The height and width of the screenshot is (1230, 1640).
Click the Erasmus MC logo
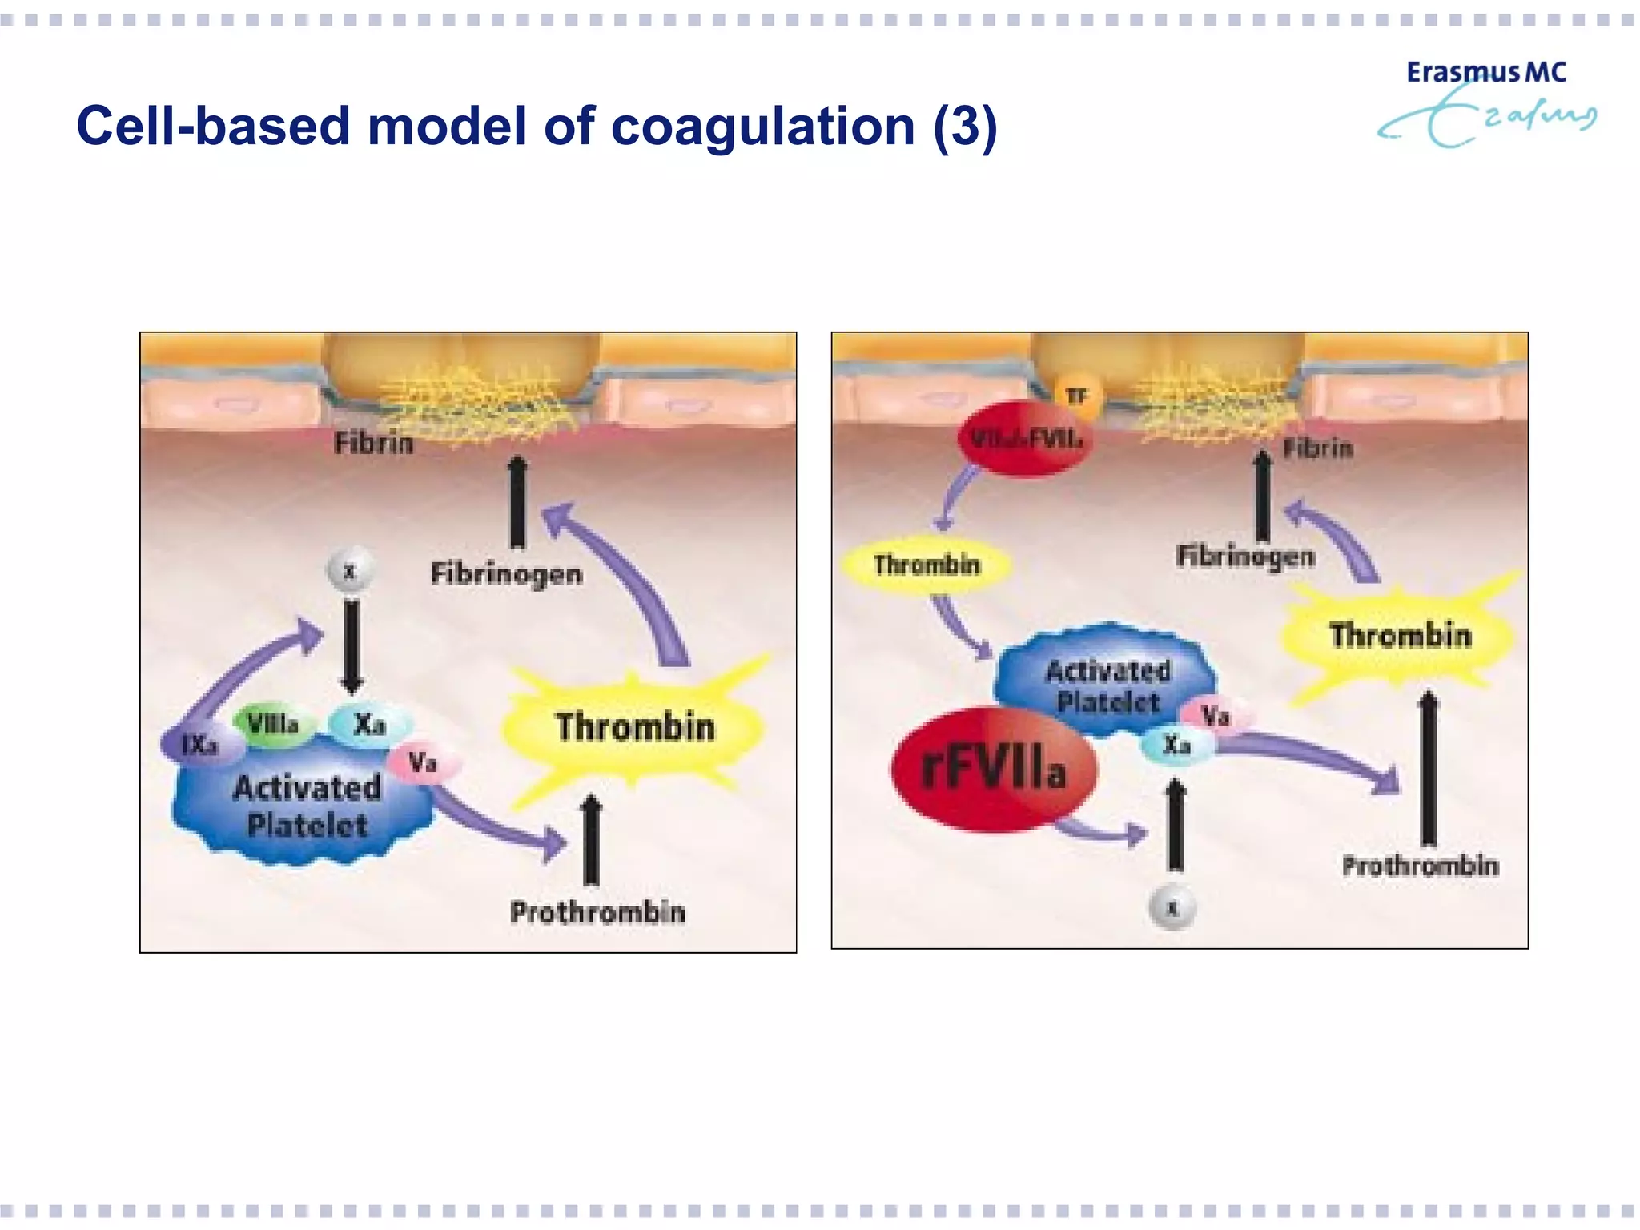pos(1485,102)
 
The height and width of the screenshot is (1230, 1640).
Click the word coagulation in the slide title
pos(762,127)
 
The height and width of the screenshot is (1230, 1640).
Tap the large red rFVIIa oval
pos(993,769)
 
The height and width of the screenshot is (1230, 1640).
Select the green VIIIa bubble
pos(272,724)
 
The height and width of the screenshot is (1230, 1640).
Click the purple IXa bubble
pos(200,745)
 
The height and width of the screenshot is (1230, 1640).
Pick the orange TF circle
pos(1077,396)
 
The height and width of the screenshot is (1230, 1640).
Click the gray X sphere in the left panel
pos(350,572)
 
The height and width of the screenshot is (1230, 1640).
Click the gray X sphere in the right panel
pos(1172,908)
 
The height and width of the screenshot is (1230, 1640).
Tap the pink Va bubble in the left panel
pos(423,762)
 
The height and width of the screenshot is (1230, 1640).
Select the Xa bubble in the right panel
pos(1176,745)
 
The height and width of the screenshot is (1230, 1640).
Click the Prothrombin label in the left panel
pos(597,912)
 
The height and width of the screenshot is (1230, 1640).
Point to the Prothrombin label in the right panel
pos(1420,866)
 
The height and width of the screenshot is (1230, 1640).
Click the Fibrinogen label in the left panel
pos(506,573)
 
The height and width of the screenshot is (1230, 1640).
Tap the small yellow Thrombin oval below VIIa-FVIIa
pos(927,565)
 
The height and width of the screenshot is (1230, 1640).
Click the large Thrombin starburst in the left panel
pos(634,727)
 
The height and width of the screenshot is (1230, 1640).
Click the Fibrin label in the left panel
pos(374,443)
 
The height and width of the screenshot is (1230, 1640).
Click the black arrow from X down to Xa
pos(352,645)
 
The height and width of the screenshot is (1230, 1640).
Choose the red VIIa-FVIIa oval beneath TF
pos(1025,439)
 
